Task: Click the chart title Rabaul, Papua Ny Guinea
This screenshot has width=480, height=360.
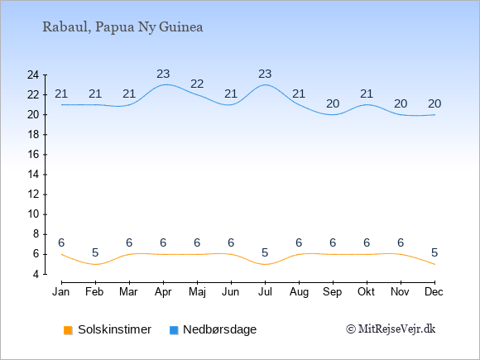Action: tap(122, 27)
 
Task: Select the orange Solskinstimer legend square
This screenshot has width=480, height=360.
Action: tap(68, 330)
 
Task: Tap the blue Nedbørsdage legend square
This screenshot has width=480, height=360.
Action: tap(174, 330)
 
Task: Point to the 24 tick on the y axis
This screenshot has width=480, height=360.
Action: tap(33, 74)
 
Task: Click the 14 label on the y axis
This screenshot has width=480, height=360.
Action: tap(33, 175)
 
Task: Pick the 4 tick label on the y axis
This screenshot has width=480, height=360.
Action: tap(36, 274)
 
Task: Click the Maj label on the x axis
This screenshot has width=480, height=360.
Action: tap(197, 292)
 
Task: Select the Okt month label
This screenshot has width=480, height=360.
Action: tap(367, 292)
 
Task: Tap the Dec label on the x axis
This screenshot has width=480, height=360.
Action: tap(434, 292)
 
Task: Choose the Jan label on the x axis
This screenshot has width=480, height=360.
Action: tap(61, 292)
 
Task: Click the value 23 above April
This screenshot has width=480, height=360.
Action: tap(163, 74)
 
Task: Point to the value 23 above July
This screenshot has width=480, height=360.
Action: tap(265, 74)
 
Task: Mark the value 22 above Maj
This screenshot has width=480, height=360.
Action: tap(197, 84)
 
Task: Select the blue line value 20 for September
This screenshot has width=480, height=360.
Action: tap(333, 103)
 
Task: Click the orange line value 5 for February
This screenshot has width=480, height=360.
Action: tap(95, 252)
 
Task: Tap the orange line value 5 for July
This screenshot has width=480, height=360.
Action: tap(265, 252)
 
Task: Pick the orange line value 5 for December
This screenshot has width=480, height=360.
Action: tap(434, 252)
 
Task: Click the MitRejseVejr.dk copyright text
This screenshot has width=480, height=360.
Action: tap(391, 329)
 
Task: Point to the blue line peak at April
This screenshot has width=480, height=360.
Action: tap(166, 84)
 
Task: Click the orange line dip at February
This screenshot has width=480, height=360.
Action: tap(95, 264)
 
